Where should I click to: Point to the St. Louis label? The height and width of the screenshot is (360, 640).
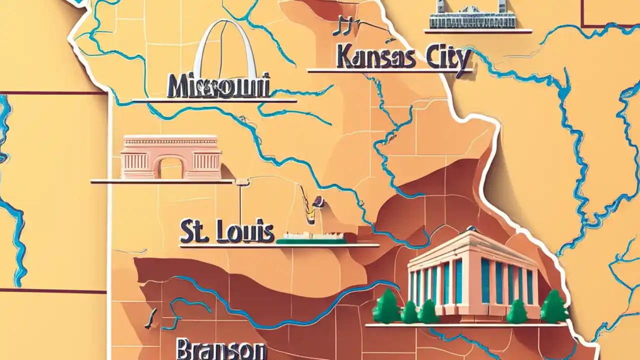(227, 232)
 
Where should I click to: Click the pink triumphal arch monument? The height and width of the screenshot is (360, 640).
(171, 157)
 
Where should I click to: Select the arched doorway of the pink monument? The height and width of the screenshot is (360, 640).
(171, 167)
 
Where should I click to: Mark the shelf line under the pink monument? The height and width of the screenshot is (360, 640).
(162, 181)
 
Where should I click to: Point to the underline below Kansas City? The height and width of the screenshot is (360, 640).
(389, 71)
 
